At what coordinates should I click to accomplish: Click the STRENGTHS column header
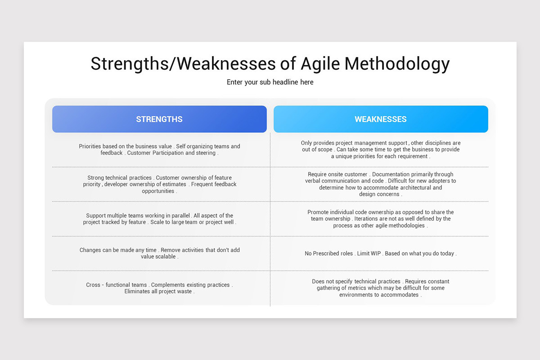159,119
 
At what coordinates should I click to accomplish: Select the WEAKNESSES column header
380,119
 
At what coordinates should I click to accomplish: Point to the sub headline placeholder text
270,82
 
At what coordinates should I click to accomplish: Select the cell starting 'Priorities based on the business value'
159,149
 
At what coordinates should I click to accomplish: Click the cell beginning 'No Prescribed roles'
380,253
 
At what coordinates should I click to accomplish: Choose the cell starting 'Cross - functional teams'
159,288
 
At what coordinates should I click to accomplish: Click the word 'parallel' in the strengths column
179,216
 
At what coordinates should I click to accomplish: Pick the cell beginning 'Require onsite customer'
380,184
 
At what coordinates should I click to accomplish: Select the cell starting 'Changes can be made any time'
159,253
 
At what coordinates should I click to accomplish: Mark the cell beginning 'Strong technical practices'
159,184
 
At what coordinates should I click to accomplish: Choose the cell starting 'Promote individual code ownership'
380,219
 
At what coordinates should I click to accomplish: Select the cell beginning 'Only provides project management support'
380,149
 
